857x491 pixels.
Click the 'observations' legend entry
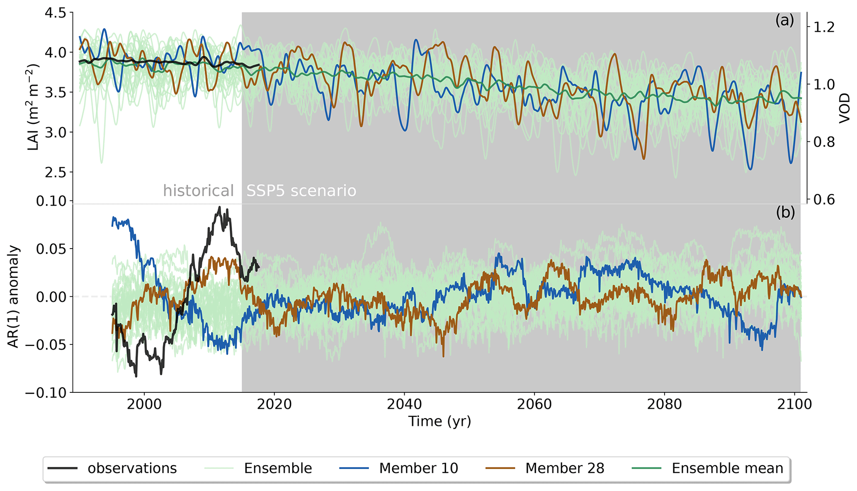132,468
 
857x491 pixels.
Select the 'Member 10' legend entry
418,468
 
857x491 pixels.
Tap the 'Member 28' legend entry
564,468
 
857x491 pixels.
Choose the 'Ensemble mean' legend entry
727,468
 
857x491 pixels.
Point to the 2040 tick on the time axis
404,404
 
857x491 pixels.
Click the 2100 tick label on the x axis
794,404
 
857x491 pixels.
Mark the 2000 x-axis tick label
144,404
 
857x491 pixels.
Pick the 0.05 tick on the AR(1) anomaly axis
51,249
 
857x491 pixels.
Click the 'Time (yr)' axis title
440,421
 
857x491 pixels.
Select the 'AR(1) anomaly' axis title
14,297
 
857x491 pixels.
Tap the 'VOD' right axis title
845,109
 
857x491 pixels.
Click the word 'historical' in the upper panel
198,191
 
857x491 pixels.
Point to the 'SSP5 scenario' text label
301,191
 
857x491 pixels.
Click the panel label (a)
784,20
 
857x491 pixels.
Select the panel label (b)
785,212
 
